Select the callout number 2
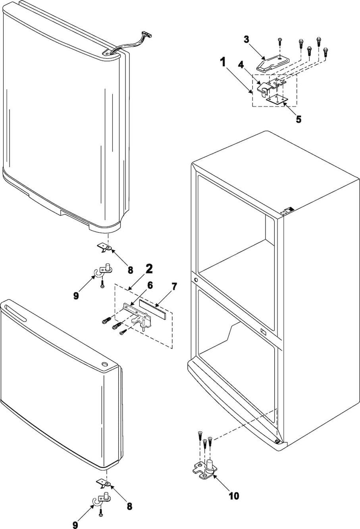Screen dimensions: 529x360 click(x=148, y=269)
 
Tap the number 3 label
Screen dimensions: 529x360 click(x=246, y=39)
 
